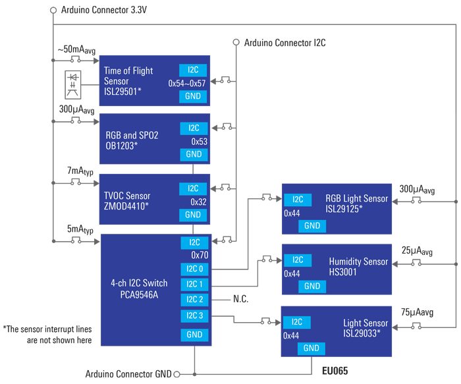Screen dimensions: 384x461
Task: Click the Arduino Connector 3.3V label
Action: point(104,11)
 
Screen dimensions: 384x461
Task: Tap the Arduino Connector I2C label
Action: point(285,43)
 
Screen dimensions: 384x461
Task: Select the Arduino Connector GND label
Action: point(128,373)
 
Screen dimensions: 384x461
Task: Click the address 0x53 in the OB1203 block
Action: point(199,141)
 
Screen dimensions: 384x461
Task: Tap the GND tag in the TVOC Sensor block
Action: point(192,215)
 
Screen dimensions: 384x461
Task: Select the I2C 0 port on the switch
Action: point(194,269)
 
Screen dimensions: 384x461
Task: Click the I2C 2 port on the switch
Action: point(194,300)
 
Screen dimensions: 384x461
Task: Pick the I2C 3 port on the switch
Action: point(194,315)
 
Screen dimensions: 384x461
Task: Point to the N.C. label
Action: point(240,299)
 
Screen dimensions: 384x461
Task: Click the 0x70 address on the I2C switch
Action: point(199,254)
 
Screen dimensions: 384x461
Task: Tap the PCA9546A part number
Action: point(134,294)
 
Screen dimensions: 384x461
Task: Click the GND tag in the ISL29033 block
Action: point(312,348)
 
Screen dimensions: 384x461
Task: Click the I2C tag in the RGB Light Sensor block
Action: point(298,200)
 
